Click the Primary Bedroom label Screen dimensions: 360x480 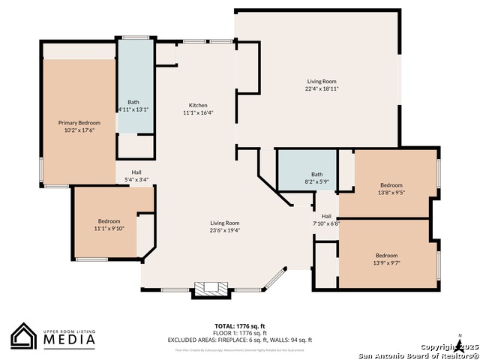click(x=79, y=122)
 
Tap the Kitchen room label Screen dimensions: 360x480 click(x=198, y=105)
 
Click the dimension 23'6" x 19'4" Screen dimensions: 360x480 click(x=224, y=231)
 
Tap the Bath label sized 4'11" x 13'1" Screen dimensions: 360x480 click(x=133, y=101)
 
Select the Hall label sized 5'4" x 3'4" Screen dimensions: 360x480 click(x=136, y=172)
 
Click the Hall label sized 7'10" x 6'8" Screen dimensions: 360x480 click(x=326, y=216)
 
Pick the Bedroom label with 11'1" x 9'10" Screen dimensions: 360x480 click(x=109, y=221)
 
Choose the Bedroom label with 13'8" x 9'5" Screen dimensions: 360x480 click(x=391, y=185)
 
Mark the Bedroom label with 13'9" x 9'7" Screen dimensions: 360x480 click(x=386, y=255)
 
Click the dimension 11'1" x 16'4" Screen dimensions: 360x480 click(x=198, y=113)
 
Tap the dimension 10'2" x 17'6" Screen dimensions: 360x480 click(x=79, y=130)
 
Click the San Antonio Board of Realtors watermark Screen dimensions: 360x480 click(x=418, y=355)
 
